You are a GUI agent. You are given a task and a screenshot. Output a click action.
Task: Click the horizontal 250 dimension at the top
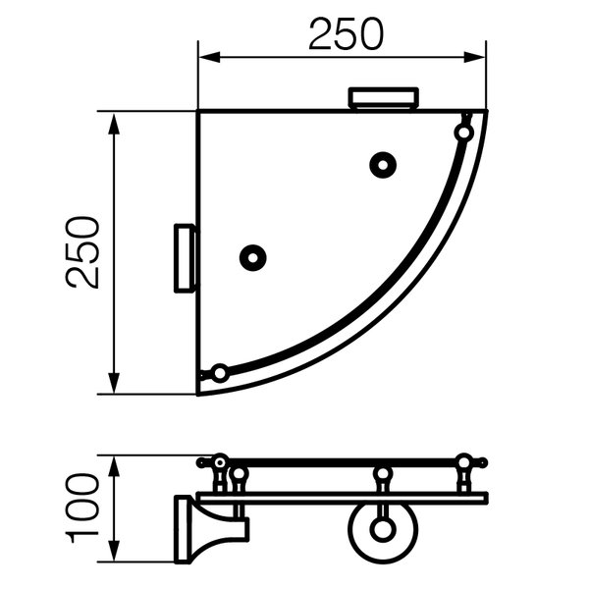(346, 34)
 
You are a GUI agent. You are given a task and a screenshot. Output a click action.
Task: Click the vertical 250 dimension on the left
(83, 252)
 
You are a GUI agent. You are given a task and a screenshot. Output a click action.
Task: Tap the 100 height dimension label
(83, 509)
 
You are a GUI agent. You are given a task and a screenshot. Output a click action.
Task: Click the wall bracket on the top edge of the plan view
(384, 98)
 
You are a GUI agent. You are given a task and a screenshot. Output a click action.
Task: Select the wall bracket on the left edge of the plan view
(185, 258)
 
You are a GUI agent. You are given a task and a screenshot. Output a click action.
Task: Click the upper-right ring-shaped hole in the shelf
(383, 165)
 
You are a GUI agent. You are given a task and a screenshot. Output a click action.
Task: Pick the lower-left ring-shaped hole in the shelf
(253, 258)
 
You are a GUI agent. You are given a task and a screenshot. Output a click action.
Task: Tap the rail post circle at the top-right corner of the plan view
(464, 133)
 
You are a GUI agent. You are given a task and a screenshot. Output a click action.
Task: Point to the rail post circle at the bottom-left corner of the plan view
(219, 373)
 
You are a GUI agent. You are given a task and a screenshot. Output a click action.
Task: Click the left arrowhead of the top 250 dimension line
(209, 58)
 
